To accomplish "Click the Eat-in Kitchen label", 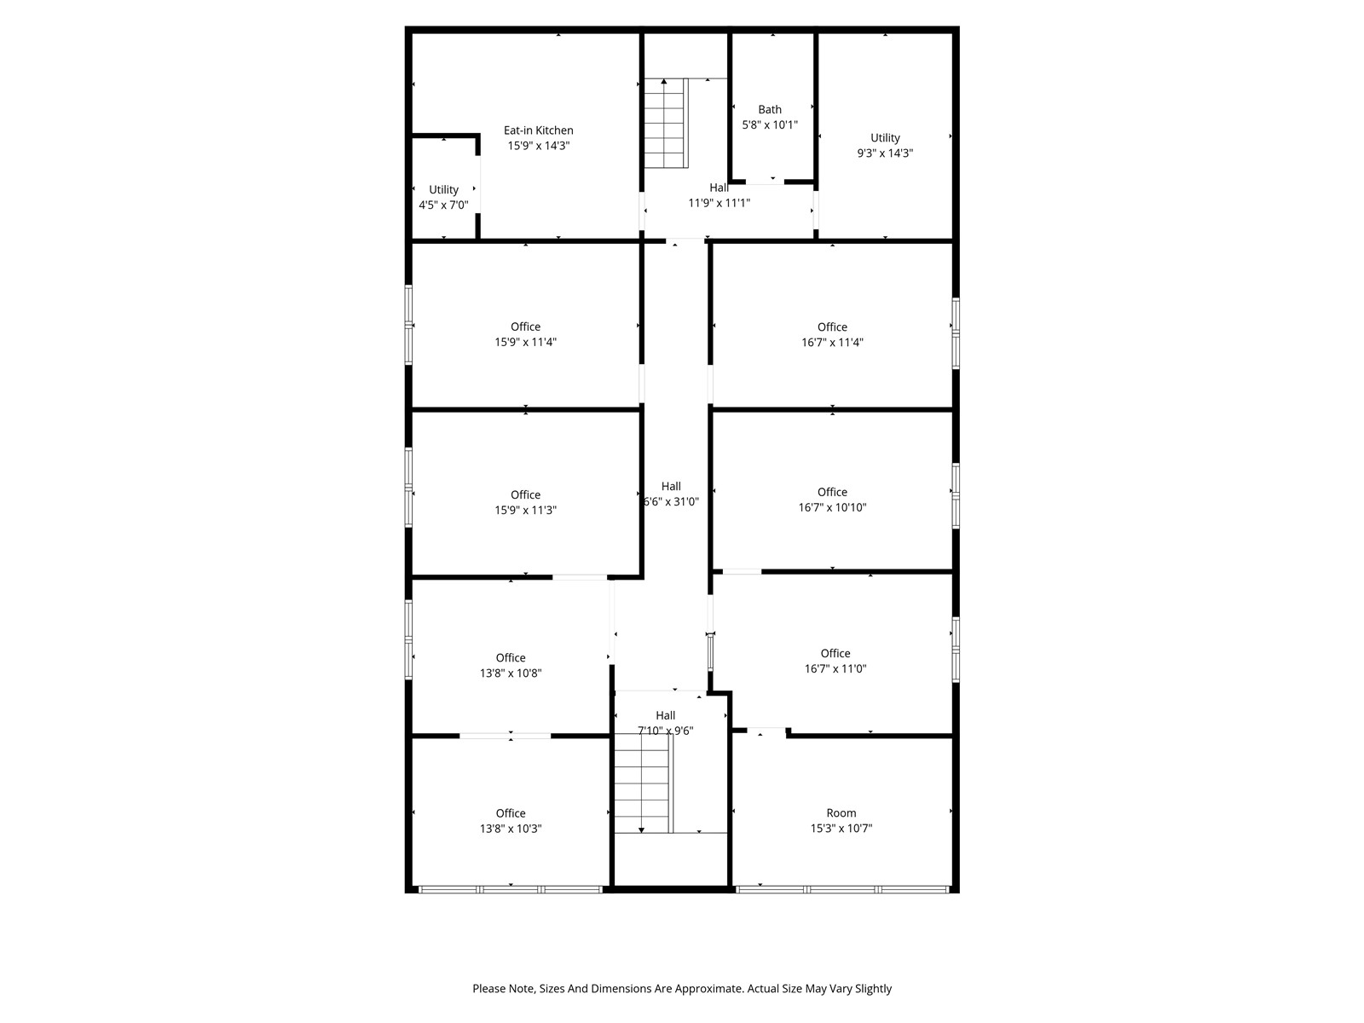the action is tap(538, 130).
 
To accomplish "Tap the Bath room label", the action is tap(769, 109).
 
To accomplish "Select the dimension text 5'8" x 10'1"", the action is tap(769, 124).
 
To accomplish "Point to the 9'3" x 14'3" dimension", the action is tap(885, 153).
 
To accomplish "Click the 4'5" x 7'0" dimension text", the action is tap(443, 205).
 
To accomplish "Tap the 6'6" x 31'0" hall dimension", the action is tap(671, 502).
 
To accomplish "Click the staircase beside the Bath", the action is tap(666, 123).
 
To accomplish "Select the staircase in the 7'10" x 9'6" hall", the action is tap(644, 783).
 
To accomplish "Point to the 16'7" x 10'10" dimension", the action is tap(832, 507).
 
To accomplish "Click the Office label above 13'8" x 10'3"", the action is tap(510, 813).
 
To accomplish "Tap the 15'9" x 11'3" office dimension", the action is tap(525, 511).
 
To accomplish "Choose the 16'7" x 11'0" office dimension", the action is tap(835, 669).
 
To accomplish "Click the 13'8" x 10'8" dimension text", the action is tap(510, 673).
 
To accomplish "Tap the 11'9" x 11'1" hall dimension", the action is tap(719, 203).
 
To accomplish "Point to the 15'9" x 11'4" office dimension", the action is tap(525, 342).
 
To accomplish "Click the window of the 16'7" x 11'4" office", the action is tap(956, 334).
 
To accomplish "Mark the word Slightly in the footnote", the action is tap(873, 989).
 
